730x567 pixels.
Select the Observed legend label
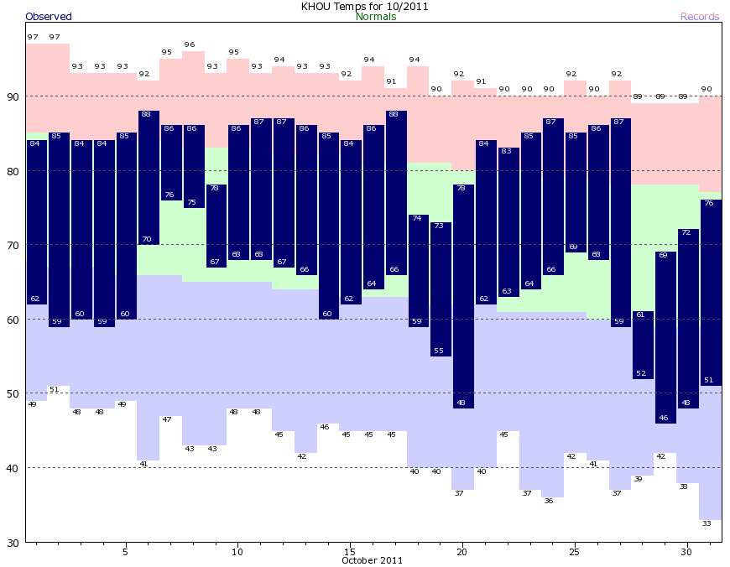point(49,17)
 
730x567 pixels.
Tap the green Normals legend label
point(376,17)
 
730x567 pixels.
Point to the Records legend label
point(700,17)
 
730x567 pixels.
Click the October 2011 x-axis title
point(372,560)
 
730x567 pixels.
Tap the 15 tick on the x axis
point(349,552)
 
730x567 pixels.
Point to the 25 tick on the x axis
point(574,552)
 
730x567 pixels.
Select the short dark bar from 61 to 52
point(643,345)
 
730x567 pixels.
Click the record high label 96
point(190,44)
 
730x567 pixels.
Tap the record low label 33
point(707,523)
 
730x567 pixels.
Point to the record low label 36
point(549,501)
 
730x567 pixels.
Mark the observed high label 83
point(506,151)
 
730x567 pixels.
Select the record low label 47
point(166,419)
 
